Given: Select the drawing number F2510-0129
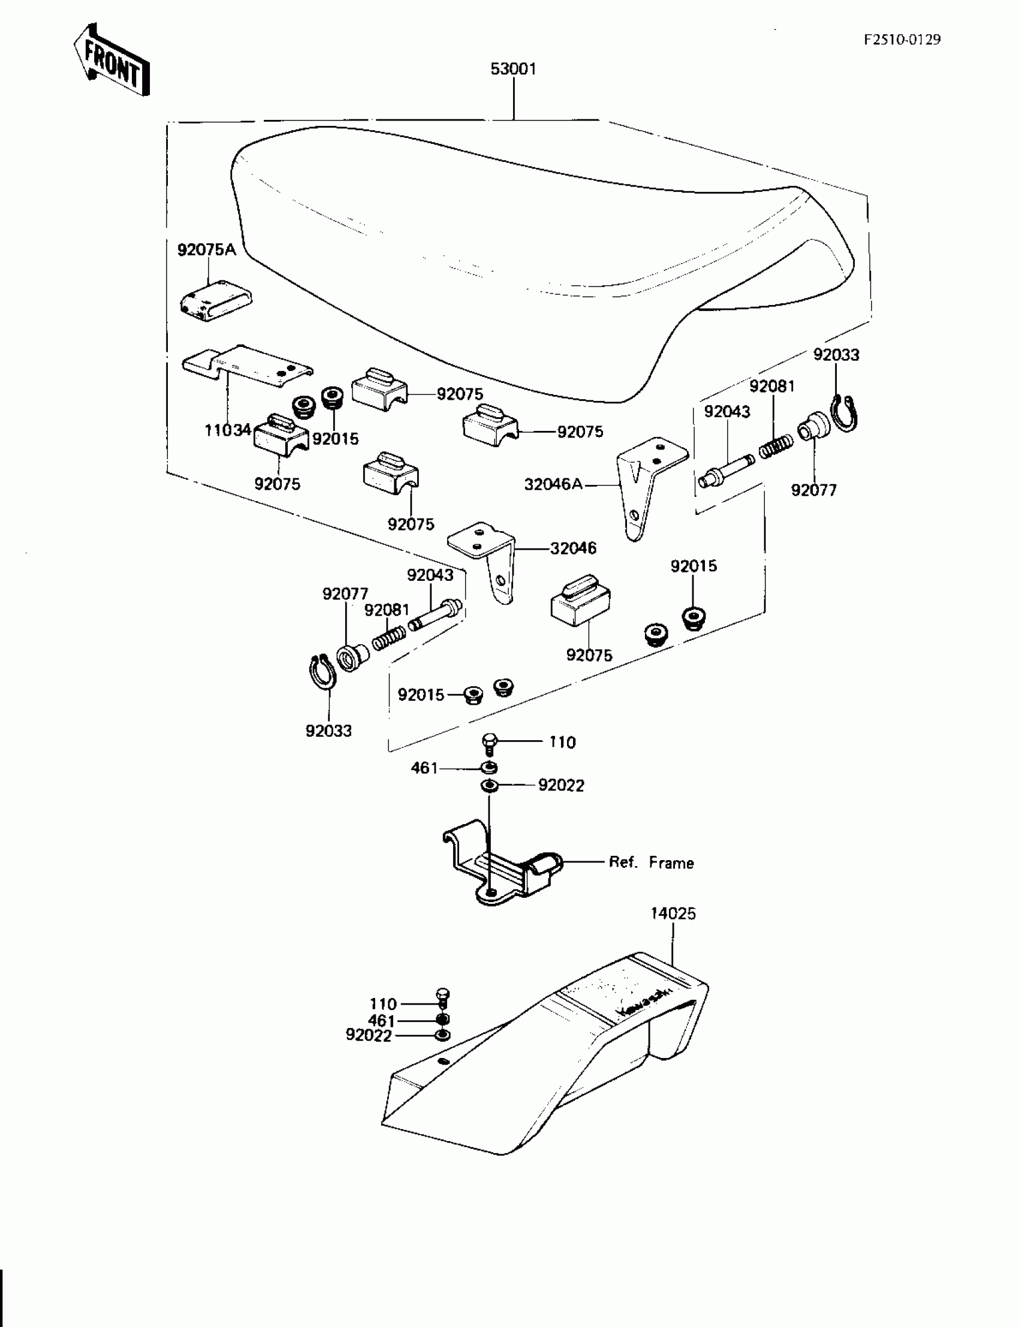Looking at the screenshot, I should coord(903,40).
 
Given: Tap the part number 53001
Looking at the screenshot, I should coord(513,69).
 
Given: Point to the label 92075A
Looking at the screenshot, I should coord(206,249).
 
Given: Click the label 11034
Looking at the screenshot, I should coord(227,430).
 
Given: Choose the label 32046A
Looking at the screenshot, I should coord(553,484).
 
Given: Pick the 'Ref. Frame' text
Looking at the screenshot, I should coord(651,862).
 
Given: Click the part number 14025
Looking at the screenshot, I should coord(673,913).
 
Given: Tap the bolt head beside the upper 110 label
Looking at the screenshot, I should coord(490,743).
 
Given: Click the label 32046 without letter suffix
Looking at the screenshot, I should coord(573,548).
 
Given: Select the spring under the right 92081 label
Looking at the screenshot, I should coord(776,448).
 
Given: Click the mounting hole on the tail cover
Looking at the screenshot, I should coord(444,1060).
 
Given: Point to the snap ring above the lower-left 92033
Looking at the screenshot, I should coord(319,672).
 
